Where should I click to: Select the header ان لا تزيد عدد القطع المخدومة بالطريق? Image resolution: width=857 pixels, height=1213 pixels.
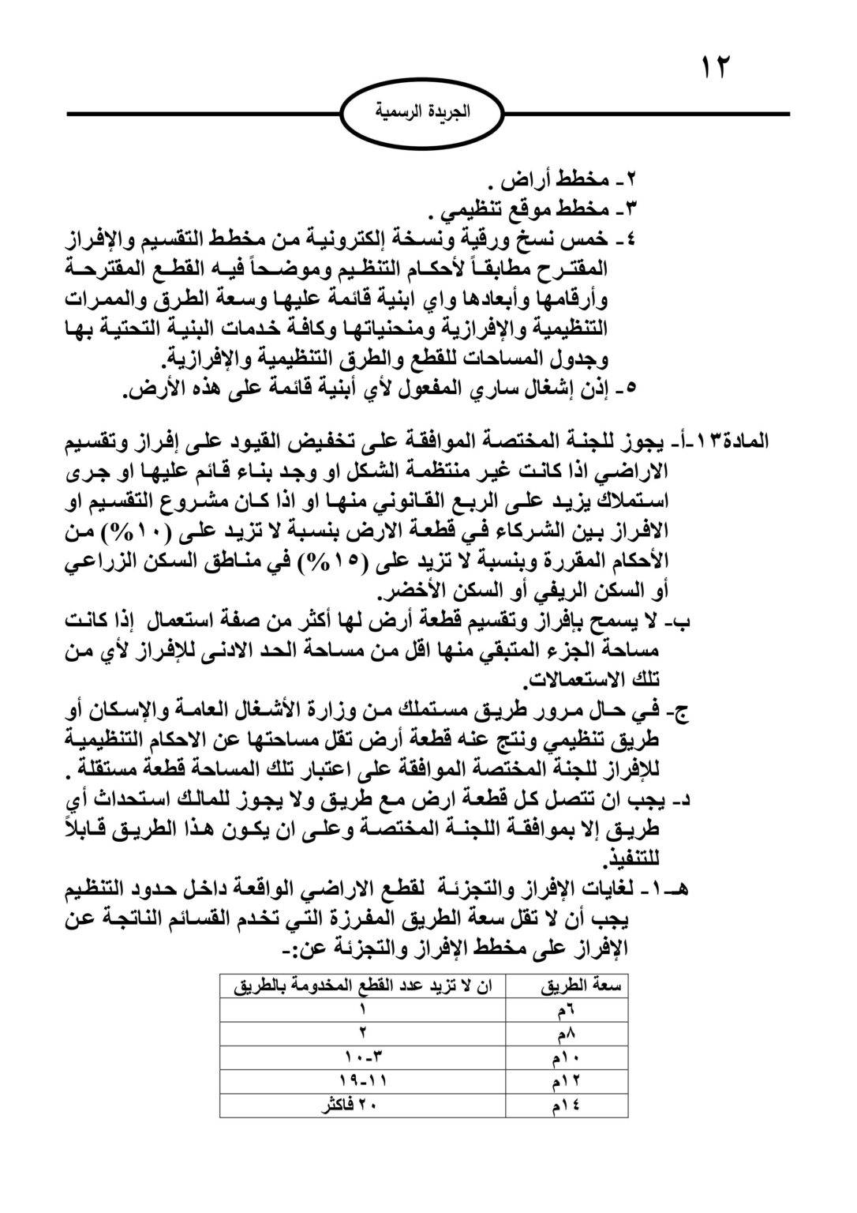coord(364,986)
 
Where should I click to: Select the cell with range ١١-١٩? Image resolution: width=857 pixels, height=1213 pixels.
coord(363,1080)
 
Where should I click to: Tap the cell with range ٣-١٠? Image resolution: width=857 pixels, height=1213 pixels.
coord(364,1057)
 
